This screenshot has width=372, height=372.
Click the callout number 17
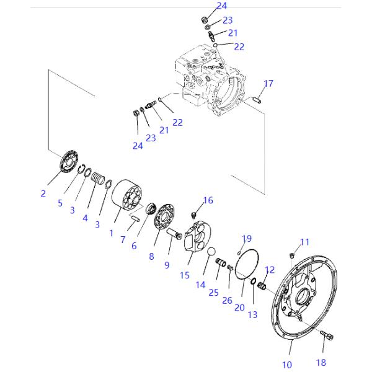[x=268, y=83]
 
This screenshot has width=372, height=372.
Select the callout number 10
[x=286, y=365]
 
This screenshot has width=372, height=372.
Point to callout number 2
[x=43, y=193]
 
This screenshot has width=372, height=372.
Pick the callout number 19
[x=247, y=238]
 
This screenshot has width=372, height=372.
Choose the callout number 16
[x=207, y=200]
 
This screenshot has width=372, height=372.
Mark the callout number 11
[x=304, y=241]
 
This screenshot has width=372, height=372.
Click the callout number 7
[x=123, y=239]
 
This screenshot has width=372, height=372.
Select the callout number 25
[x=214, y=291]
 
